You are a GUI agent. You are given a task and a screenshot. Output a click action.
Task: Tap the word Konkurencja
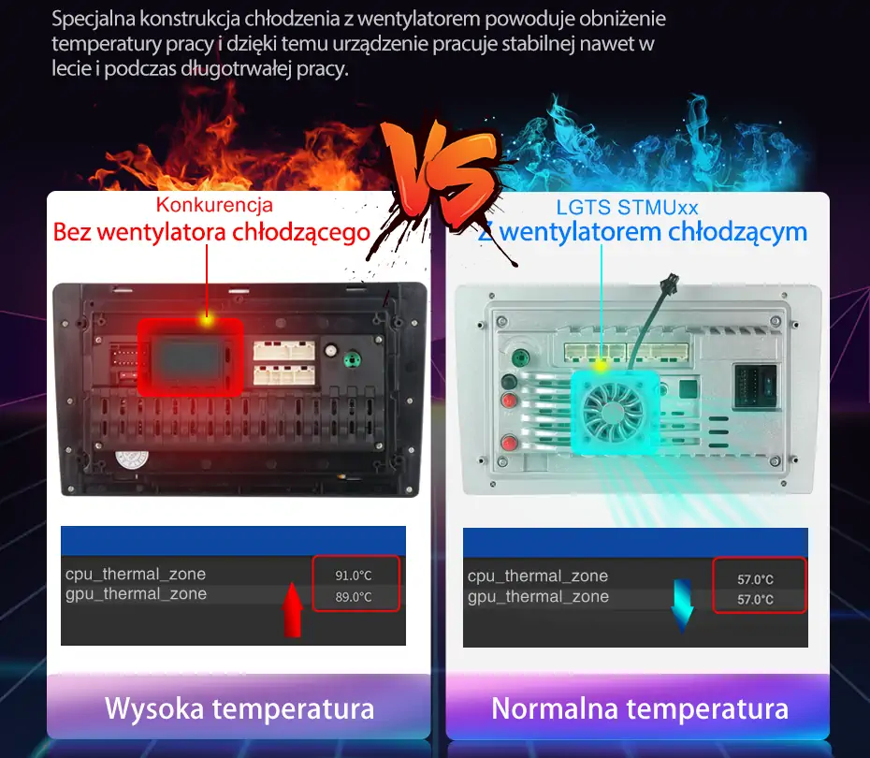(214, 205)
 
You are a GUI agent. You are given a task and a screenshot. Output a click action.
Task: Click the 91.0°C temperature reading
(354, 576)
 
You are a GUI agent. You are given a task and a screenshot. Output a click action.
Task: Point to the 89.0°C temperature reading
(354, 597)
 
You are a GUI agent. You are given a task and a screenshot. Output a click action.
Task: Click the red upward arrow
(293, 609)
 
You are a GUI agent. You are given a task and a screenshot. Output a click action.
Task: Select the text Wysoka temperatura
(239, 707)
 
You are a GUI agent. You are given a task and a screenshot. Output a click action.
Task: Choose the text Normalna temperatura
(640, 708)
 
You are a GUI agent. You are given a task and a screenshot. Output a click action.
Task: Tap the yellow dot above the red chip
(206, 320)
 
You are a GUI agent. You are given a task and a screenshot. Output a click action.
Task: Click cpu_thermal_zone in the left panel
(135, 575)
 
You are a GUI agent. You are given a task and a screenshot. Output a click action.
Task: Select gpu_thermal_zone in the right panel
(538, 597)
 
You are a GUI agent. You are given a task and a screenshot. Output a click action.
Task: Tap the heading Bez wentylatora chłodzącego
(211, 232)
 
